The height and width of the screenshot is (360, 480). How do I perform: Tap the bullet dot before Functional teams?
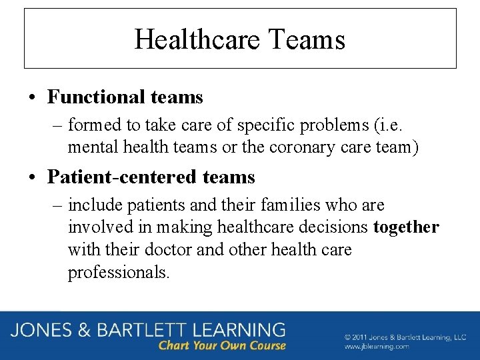click(x=32, y=98)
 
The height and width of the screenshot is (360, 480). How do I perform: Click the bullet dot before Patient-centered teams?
click(x=32, y=178)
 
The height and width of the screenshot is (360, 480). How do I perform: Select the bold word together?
click(x=406, y=227)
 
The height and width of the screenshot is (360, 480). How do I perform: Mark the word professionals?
click(x=119, y=273)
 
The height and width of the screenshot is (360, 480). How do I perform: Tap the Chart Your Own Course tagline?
click(x=221, y=346)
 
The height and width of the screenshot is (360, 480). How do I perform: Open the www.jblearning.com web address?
click(x=377, y=347)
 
